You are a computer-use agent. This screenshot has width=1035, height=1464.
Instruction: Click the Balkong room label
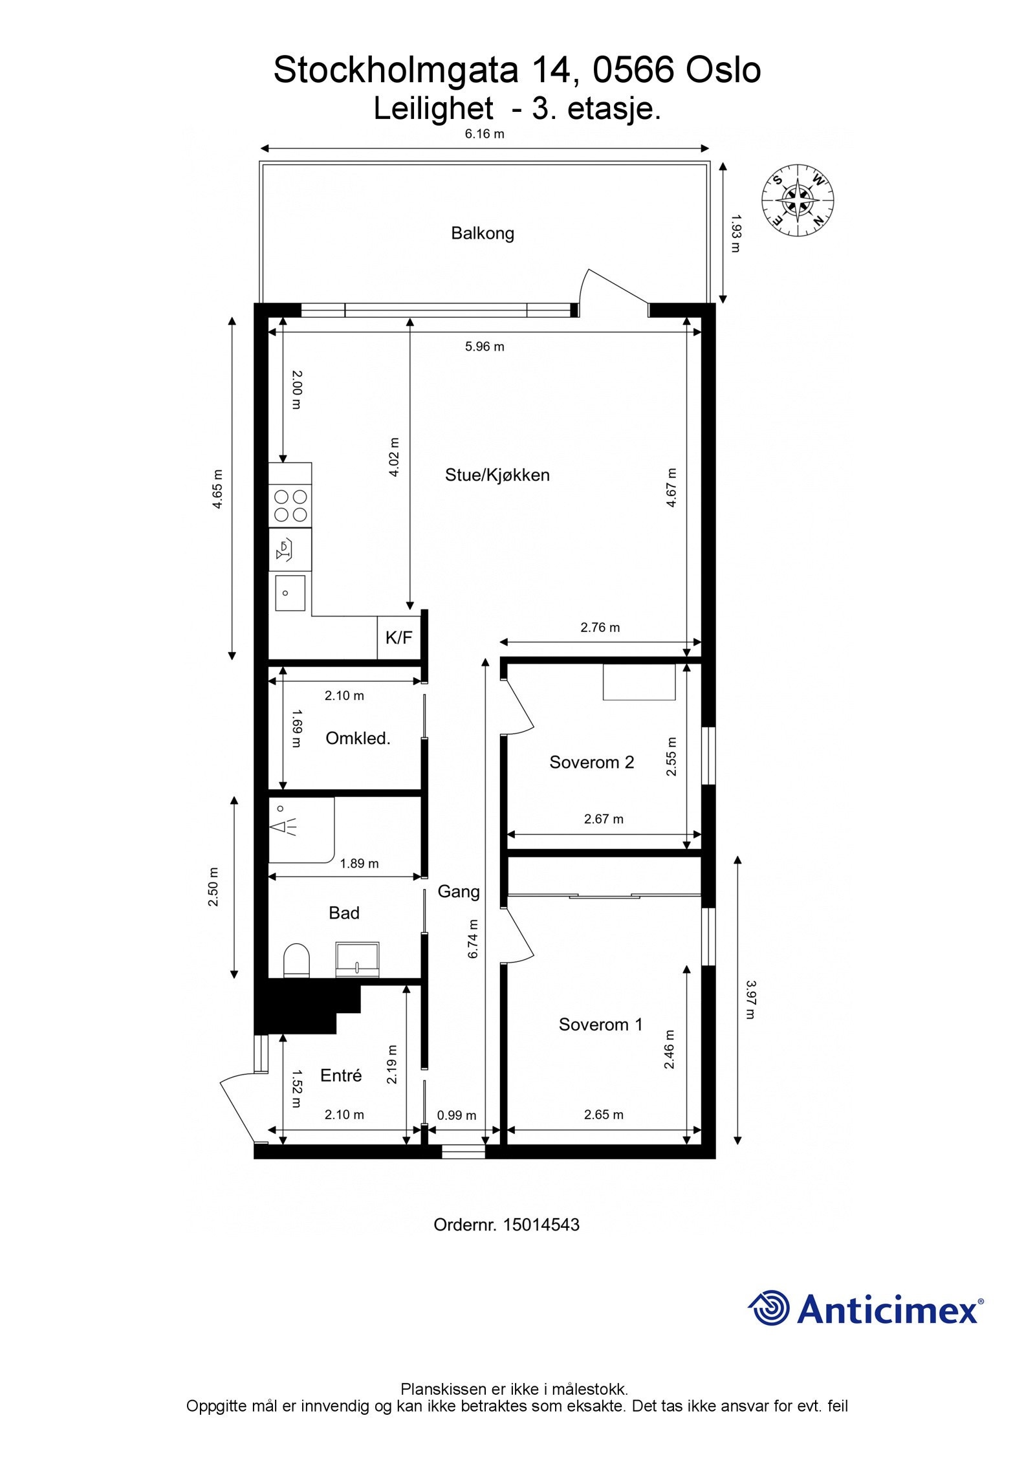(482, 234)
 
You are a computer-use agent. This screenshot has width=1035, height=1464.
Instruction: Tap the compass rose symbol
(797, 200)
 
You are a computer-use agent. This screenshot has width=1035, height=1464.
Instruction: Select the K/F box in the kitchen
(398, 638)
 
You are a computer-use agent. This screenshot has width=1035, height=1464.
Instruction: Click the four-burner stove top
(290, 506)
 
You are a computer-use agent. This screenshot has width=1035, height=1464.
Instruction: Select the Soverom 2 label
(591, 763)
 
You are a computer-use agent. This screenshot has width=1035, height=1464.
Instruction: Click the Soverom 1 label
(600, 1025)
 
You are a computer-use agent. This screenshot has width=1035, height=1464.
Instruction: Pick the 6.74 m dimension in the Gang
(473, 939)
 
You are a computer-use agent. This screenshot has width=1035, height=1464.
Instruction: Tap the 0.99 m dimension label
(456, 1115)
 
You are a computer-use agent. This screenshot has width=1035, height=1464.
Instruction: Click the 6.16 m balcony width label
(485, 135)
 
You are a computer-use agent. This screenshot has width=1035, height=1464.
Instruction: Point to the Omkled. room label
(357, 739)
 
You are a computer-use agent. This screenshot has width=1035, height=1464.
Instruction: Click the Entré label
(341, 1075)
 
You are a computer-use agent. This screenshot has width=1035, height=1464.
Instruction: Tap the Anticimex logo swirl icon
(770, 1308)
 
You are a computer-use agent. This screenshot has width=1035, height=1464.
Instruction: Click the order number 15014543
(541, 1225)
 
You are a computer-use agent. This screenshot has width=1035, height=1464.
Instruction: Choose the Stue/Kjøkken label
(497, 475)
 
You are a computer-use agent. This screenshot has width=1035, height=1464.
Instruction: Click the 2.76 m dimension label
(600, 628)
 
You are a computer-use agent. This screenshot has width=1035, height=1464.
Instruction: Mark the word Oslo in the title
(723, 71)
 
